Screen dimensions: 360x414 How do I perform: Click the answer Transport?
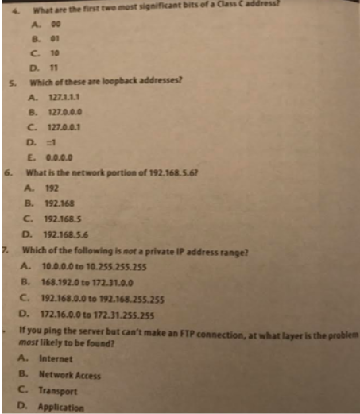tap(59, 391)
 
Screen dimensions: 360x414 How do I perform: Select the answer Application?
tap(61, 407)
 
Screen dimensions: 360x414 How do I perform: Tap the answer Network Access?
tap(70, 374)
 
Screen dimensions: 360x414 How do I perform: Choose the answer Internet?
tap(56, 359)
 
